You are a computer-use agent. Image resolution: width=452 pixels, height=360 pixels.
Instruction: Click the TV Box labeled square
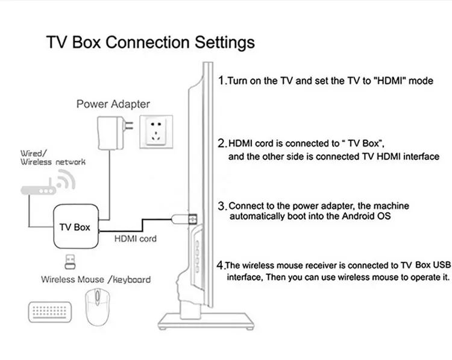[76, 227]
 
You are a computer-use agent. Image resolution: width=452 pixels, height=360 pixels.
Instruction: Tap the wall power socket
[156, 132]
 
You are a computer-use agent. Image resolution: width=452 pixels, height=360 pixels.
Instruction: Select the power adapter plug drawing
[115, 133]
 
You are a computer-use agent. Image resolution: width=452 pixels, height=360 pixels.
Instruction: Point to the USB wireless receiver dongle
[70, 262]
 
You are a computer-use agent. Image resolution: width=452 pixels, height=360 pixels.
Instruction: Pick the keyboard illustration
[50, 312]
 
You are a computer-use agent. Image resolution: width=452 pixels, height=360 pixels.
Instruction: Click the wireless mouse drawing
[98, 307]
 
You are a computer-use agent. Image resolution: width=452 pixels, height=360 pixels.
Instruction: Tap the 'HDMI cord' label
[136, 239]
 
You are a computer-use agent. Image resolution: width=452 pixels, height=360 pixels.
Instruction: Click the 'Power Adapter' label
[113, 104]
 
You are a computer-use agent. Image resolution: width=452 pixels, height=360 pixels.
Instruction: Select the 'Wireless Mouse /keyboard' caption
[96, 280]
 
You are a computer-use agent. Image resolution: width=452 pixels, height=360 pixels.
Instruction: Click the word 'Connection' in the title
[147, 42]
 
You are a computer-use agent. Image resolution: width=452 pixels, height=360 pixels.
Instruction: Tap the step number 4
[220, 265]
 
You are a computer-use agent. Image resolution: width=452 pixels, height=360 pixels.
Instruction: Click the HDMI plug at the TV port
[184, 219]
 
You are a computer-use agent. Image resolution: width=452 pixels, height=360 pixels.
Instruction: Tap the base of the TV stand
[206, 321]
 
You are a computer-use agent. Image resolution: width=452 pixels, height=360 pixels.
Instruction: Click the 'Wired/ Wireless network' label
[53, 157]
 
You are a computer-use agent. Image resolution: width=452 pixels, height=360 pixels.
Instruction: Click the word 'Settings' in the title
[225, 43]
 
